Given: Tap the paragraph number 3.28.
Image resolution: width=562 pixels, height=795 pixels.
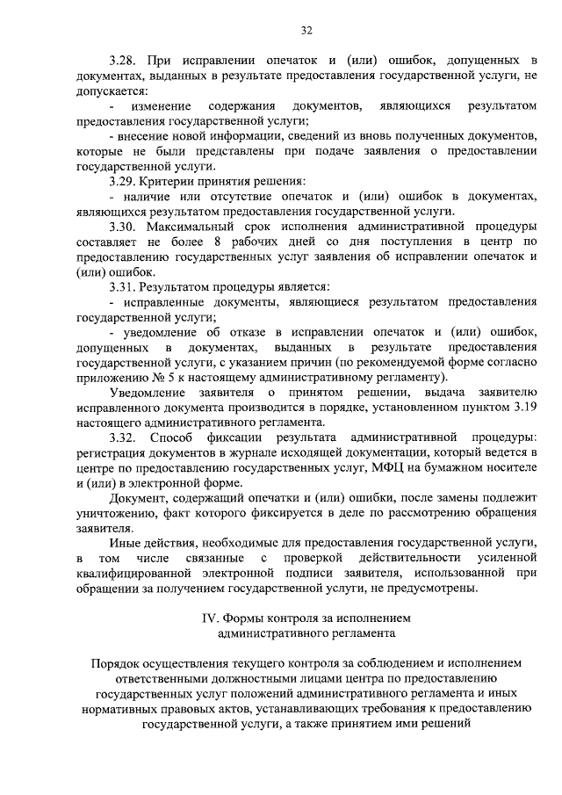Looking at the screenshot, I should (x=123, y=61).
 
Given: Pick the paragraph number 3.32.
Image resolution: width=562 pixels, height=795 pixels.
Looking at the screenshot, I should (x=123, y=437).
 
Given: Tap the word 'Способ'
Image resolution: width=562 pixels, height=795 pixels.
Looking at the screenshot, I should (x=170, y=437).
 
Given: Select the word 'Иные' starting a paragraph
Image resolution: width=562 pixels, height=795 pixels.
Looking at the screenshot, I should (x=123, y=544).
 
